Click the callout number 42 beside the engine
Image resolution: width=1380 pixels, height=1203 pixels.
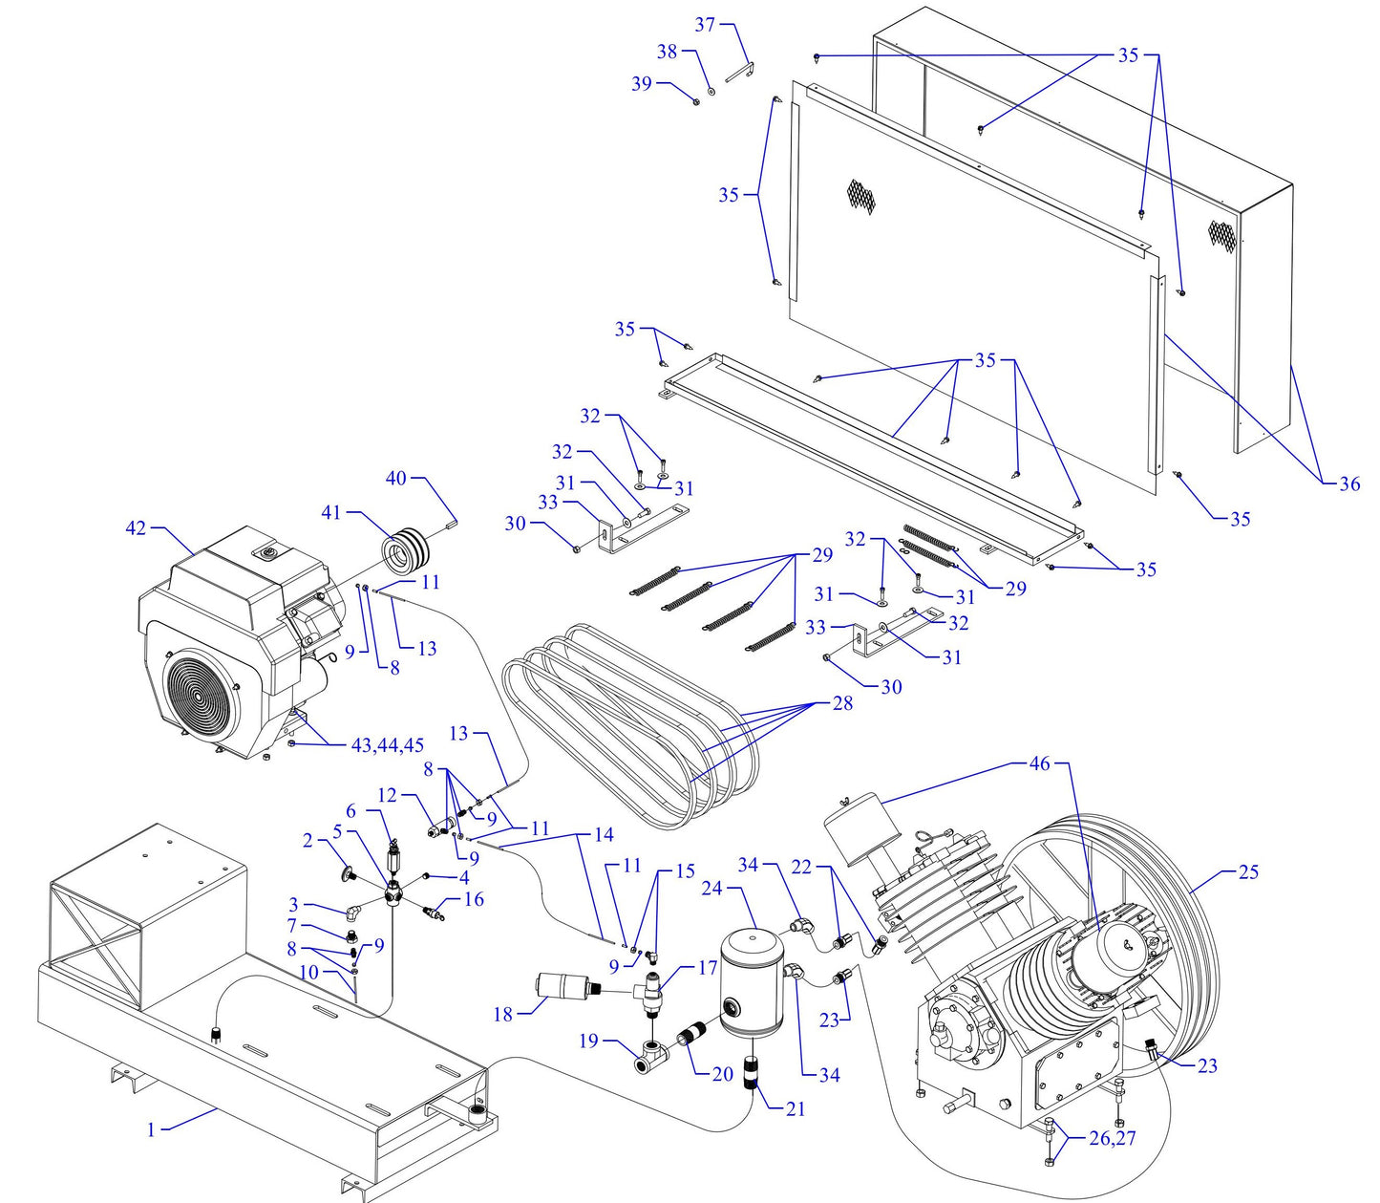click(x=138, y=527)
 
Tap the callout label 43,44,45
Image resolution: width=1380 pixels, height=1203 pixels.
click(x=387, y=745)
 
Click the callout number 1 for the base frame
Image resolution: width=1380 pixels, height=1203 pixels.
click(x=151, y=1129)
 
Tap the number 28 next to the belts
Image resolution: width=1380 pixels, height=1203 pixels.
click(x=842, y=702)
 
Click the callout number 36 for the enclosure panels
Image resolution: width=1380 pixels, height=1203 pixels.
click(x=1348, y=483)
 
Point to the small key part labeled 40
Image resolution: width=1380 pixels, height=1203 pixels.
click(x=454, y=522)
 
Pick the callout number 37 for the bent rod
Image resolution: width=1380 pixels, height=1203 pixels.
click(x=705, y=25)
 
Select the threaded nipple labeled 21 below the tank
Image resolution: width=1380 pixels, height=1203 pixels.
click(x=752, y=1074)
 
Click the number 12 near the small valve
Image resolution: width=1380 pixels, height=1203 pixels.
click(x=387, y=795)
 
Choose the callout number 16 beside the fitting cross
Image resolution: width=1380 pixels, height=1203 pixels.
click(x=473, y=899)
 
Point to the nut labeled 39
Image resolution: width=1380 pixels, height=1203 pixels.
click(x=696, y=100)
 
